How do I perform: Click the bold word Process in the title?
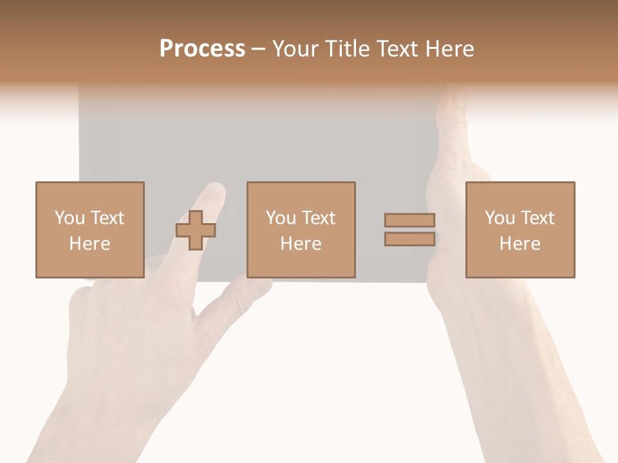point(202,49)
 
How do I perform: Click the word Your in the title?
point(297,49)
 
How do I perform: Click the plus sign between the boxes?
point(196,230)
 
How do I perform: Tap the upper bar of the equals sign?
point(409,220)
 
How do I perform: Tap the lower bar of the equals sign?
point(409,239)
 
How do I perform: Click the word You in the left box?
point(70,218)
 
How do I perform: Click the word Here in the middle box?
point(301,244)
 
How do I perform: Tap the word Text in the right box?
point(537,218)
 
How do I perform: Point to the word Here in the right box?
point(520,244)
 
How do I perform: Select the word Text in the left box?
point(107,218)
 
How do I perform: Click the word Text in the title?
point(392,49)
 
